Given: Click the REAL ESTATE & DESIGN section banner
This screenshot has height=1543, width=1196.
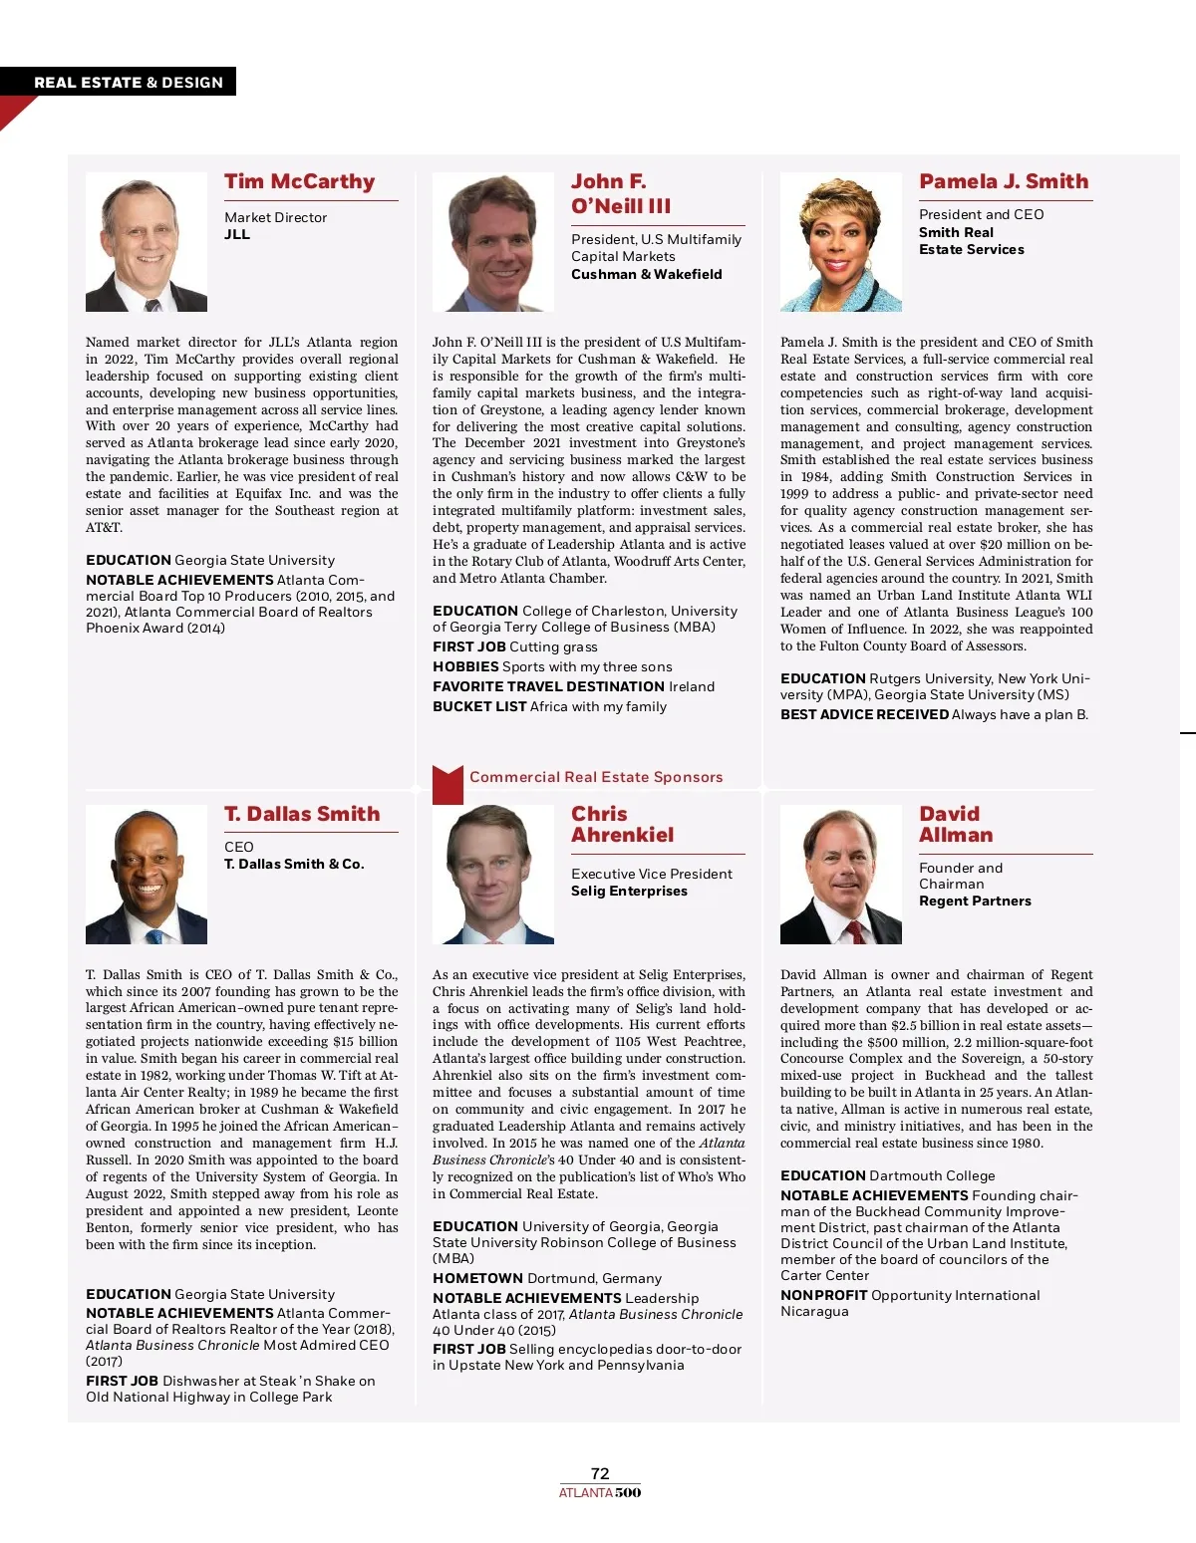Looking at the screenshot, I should (129, 83).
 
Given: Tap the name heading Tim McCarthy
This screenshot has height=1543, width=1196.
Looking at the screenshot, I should (299, 182).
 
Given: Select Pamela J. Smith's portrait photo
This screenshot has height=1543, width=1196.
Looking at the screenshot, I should (840, 242).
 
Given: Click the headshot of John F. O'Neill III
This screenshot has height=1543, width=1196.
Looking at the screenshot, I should (492, 242).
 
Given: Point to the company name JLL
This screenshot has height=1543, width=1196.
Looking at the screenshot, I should (237, 235).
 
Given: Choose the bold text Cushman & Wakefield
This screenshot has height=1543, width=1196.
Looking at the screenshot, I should (646, 275).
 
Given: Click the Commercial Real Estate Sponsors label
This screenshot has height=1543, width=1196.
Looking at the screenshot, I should (596, 777).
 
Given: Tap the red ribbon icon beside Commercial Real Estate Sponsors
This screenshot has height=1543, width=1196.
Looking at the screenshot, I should (448, 784).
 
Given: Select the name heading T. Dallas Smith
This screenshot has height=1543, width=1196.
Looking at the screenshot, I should (302, 815).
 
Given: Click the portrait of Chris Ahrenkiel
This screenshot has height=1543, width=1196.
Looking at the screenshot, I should (492, 875).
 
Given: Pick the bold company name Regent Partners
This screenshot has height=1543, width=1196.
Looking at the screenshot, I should (975, 901).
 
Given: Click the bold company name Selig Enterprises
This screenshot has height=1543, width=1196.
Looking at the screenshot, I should (629, 892).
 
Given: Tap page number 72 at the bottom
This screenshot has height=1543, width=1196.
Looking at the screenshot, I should (600, 1473).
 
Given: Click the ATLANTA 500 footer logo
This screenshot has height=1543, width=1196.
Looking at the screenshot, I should (600, 1492).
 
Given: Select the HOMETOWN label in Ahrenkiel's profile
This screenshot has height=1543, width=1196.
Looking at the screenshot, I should (477, 1279).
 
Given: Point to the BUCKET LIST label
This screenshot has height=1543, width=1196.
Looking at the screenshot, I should (479, 707).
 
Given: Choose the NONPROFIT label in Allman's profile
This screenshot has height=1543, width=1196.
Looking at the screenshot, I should (823, 1296).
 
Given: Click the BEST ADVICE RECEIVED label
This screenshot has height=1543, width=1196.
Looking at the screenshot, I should (864, 715).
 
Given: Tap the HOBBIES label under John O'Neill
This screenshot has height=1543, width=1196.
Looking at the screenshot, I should (465, 667).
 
